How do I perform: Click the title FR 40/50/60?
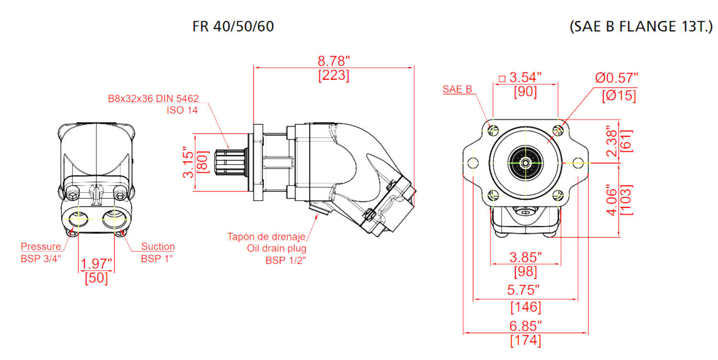(233, 26)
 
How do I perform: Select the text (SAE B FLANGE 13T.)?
(641, 27)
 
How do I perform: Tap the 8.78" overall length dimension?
(334, 61)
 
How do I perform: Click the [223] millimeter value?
(334, 76)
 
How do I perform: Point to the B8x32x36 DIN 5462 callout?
(153, 99)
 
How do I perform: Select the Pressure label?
(41, 247)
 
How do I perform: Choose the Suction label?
(157, 247)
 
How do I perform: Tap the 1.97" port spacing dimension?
(96, 263)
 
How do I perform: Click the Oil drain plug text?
(277, 248)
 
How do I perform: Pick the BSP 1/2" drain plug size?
(286, 260)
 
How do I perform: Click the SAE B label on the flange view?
(457, 89)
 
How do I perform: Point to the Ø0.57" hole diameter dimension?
(617, 78)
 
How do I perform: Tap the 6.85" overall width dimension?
(526, 326)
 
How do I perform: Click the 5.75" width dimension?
(526, 290)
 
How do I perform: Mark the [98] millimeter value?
(526, 272)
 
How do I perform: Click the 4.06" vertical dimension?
(612, 200)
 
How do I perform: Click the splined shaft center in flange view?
(526, 163)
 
